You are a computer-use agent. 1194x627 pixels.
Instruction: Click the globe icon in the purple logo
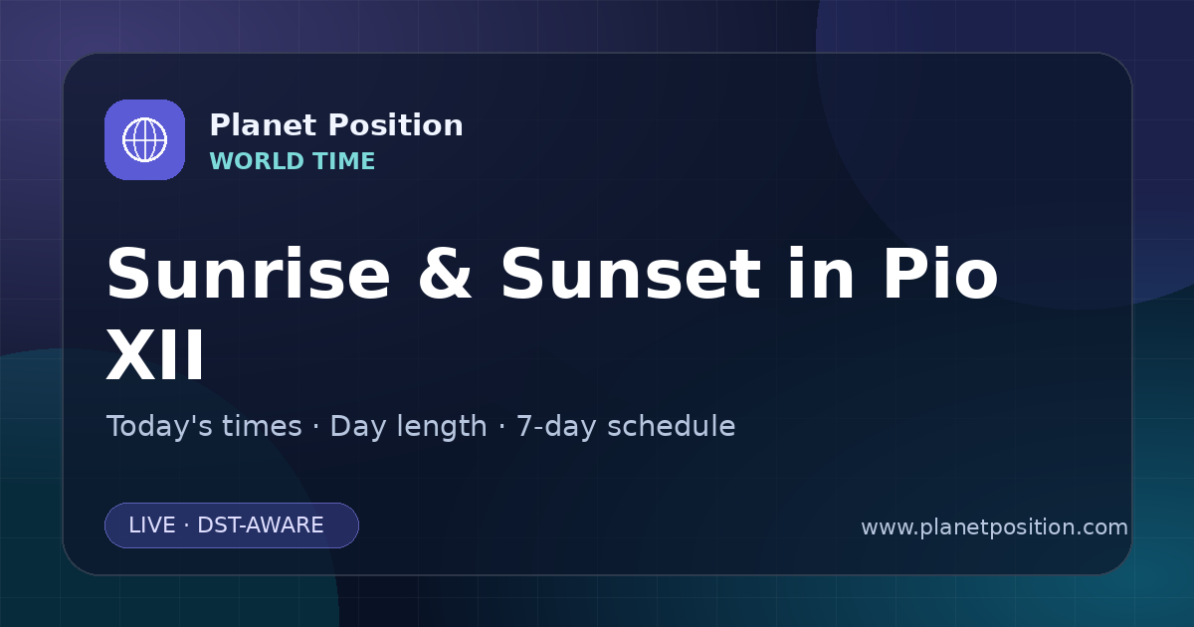pyautogui.click(x=144, y=139)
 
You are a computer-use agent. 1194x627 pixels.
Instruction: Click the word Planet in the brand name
pyautogui.click(x=264, y=125)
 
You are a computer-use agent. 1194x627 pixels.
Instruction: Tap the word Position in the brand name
pyautogui.click(x=396, y=125)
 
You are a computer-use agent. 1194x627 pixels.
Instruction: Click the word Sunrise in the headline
pyautogui.click(x=249, y=274)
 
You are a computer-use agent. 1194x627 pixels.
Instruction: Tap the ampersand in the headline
pyautogui.click(x=445, y=274)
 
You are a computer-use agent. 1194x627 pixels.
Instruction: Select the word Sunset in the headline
pyautogui.click(x=631, y=274)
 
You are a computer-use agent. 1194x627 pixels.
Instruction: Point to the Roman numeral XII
pyautogui.click(x=155, y=354)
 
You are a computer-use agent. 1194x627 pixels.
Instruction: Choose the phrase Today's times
pyautogui.click(x=204, y=426)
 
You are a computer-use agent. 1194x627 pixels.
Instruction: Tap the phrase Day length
pyautogui.click(x=408, y=427)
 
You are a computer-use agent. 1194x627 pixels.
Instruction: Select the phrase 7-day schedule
pyautogui.click(x=626, y=427)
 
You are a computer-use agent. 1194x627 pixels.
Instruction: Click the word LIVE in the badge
pyautogui.click(x=152, y=525)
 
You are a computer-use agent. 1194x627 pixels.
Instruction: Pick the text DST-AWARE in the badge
pyautogui.click(x=261, y=525)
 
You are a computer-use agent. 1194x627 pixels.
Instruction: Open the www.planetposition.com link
pyautogui.click(x=995, y=527)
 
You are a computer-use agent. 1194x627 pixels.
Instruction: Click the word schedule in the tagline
pyautogui.click(x=672, y=426)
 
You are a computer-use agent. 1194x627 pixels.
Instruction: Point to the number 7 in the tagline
pyautogui.click(x=523, y=427)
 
